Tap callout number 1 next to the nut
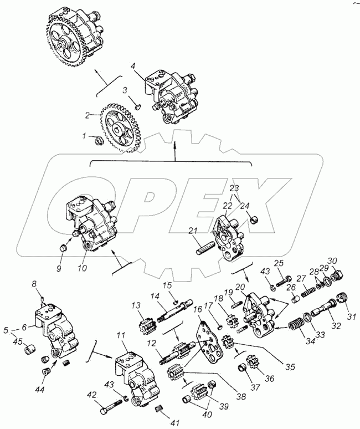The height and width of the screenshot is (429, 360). point(84,135)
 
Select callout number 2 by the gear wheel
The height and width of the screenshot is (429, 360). point(88,116)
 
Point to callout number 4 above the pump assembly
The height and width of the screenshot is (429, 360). point(132,66)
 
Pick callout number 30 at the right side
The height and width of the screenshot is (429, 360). point(332,261)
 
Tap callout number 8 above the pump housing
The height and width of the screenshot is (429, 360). point(34,284)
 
